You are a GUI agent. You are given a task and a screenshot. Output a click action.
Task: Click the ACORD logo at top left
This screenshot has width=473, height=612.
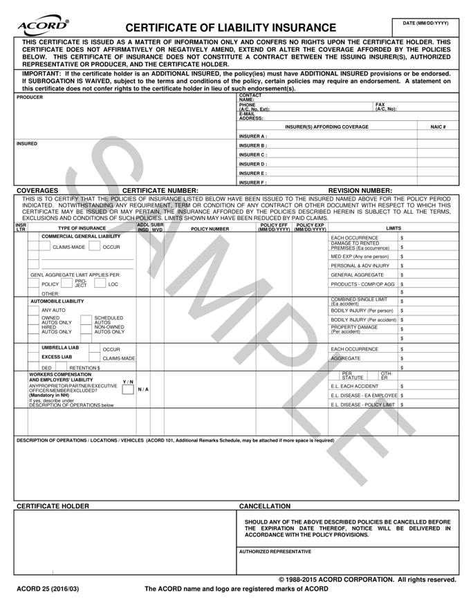pyautogui.click(x=46, y=26)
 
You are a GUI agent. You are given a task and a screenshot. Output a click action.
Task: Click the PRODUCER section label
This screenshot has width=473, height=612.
pyautogui.click(x=30, y=98)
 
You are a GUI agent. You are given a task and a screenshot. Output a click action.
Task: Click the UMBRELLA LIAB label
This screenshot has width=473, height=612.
pyautogui.click(x=61, y=347)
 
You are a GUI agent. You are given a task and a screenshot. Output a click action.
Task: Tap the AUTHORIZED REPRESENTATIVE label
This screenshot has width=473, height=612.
pyautogui.click(x=275, y=552)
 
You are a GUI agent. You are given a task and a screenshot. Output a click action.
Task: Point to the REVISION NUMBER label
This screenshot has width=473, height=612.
pyautogui.click(x=360, y=190)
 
